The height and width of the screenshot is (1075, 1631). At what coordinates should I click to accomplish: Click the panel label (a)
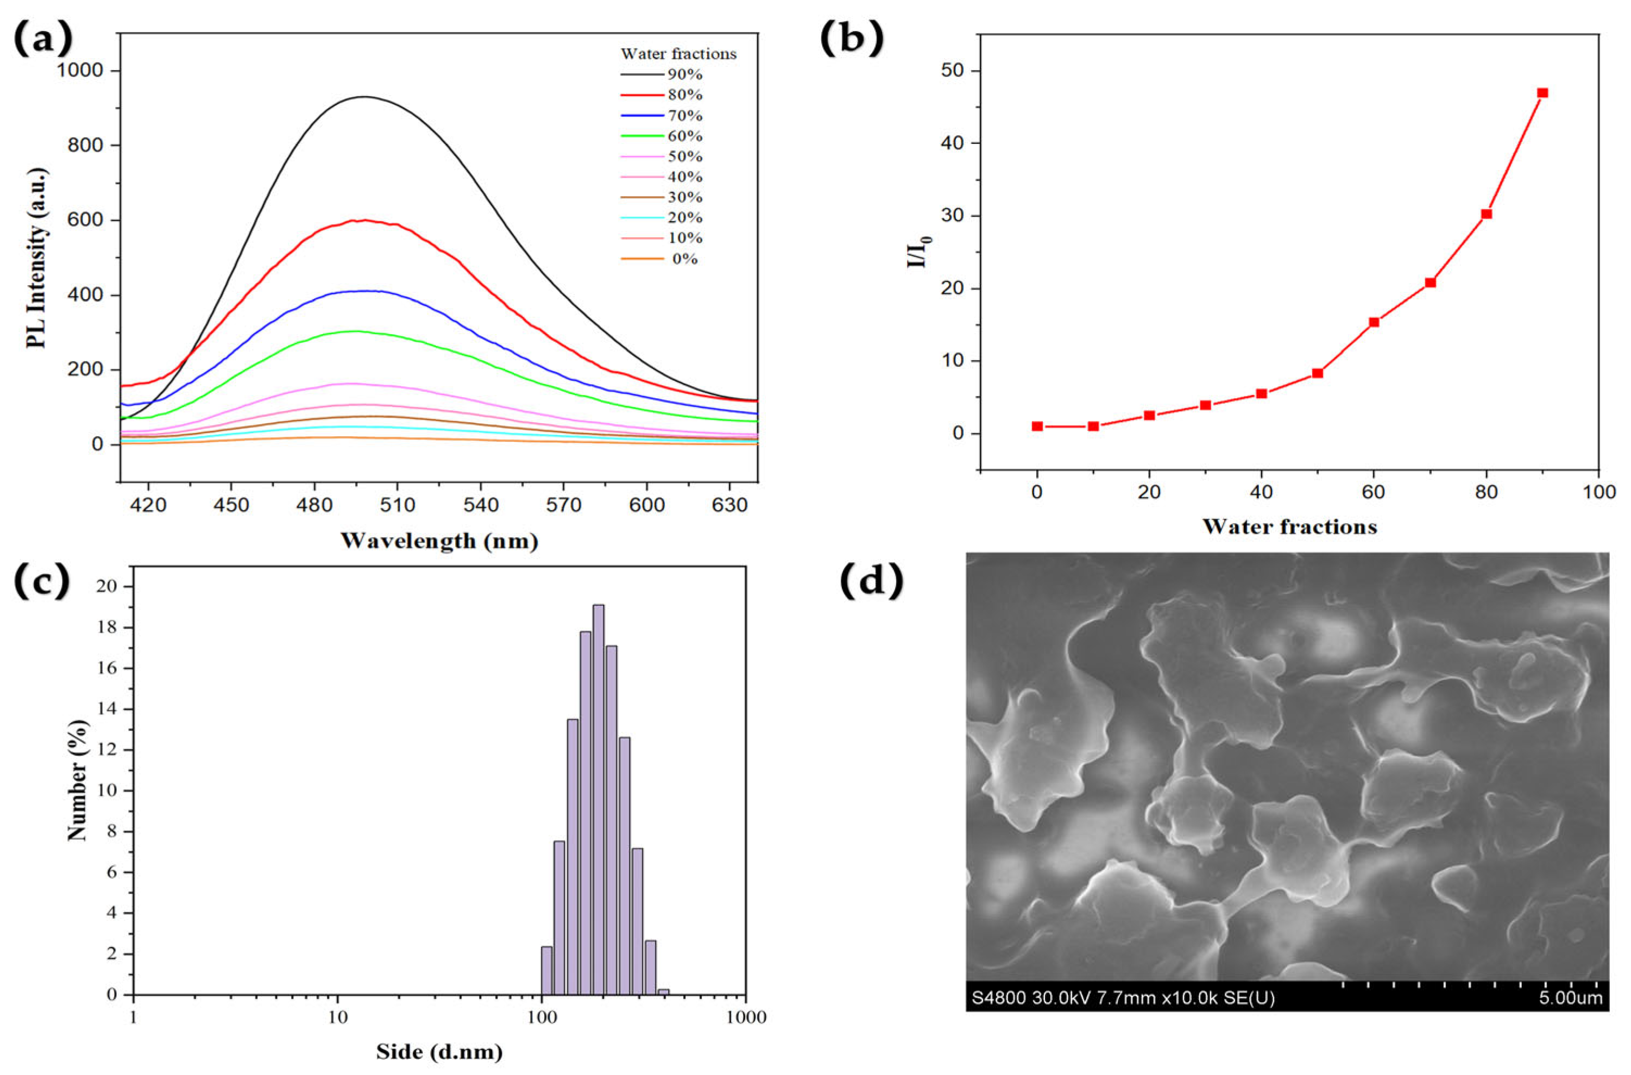click(43, 40)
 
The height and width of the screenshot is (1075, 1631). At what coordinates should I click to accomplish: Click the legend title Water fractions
click(678, 53)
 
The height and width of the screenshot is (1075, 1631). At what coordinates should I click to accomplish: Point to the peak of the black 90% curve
click(364, 97)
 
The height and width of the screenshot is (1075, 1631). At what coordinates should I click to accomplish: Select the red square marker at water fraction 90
click(1542, 92)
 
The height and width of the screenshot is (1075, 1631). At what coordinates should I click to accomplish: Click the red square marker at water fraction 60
click(1374, 322)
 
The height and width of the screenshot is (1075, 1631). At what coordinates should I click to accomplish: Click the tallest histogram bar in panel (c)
click(599, 799)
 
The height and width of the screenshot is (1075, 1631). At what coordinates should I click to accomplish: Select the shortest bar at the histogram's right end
click(663, 991)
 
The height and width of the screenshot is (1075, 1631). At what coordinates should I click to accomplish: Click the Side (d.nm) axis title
click(439, 1051)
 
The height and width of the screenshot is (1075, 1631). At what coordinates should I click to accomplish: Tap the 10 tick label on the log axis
click(337, 1017)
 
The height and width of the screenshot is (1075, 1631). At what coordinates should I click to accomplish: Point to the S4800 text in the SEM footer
click(998, 997)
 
